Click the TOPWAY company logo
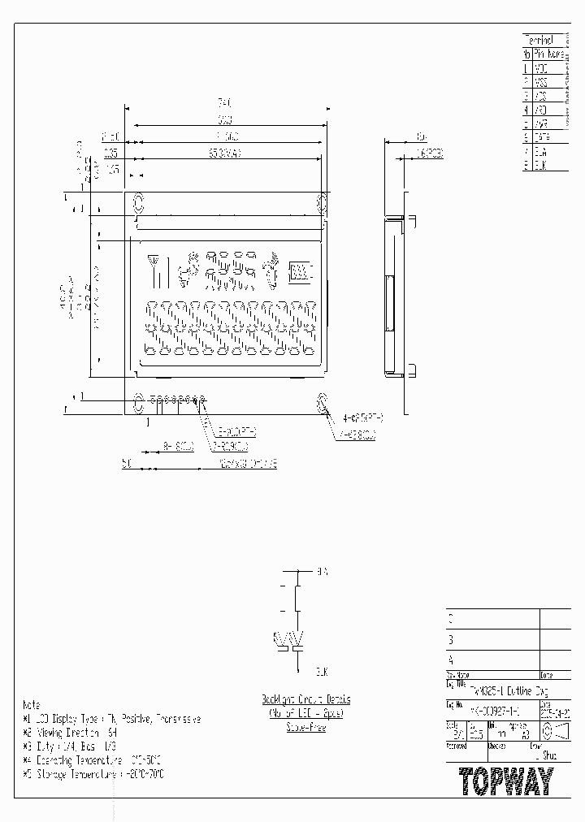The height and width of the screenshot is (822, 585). pos(505,781)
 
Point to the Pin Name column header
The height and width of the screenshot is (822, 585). pos(549,54)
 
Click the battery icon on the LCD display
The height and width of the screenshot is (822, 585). pos(300,272)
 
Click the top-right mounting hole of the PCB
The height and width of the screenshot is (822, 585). pos(322,201)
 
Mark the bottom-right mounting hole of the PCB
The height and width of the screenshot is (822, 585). pos(322,400)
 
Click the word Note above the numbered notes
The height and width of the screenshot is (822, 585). pos(31,705)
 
